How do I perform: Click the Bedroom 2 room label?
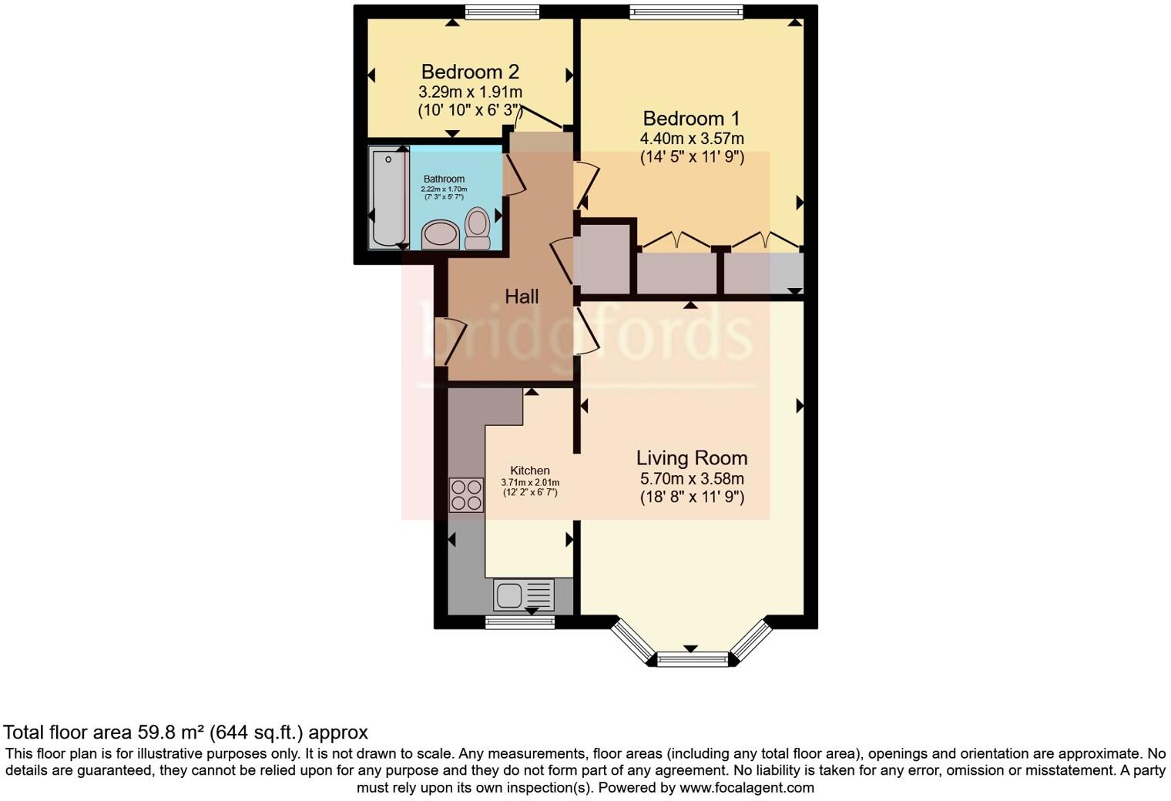(x=470, y=72)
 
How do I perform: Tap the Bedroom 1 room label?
(x=691, y=119)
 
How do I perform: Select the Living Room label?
(x=691, y=457)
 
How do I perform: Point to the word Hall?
(x=522, y=297)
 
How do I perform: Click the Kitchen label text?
(x=530, y=471)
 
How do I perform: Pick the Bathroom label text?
(x=444, y=179)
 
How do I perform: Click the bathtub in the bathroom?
(x=388, y=198)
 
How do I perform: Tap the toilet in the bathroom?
(x=478, y=229)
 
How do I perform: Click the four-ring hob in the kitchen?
(x=466, y=494)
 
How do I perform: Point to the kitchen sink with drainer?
(x=523, y=595)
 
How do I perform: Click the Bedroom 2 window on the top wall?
(x=502, y=12)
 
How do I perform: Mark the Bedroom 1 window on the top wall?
(x=686, y=12)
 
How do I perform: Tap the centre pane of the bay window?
(x=691, y=659)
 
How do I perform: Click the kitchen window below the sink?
(x=520, y=622)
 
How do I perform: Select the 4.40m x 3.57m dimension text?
(x=692, y=139)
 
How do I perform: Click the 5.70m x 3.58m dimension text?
(x=692, y=478)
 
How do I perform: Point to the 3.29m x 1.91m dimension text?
(x=470, y=92)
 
